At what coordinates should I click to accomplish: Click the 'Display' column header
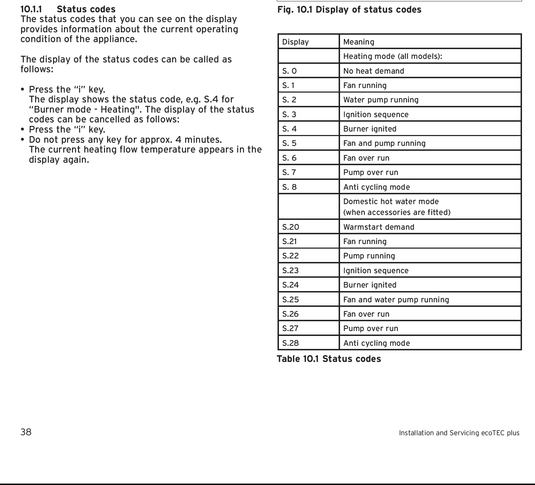pyautogui.click(x=295, y=42)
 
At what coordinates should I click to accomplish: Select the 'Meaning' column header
pyautogui.click(x=359, y=42)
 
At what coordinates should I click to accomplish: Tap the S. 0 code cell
pyautogui.click(x=289, y=71)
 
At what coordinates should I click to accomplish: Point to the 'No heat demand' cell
pyautogui.click(x=373, y=71)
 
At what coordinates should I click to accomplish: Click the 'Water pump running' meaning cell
pyautogui.click(x=381, y=100)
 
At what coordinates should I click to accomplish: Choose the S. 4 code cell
pyautogui.click(x=289, y=129)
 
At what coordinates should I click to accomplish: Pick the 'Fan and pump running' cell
pyautogui.click(x=384, y=143)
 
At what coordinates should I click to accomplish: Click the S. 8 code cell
pyautogui.click(x=289, y=187)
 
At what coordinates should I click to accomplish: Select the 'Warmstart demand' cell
pyautogui.click(x=379, y=227)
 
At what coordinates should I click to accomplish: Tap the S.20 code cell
pyautogui.click(x=291, y=227)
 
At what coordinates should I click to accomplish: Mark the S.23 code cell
pyautogui.click(x=291, y=271)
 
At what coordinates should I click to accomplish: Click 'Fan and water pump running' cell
pyautogui.click(x=396, y=300)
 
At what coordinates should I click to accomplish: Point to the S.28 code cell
pyautogui.click(x=291, y=343)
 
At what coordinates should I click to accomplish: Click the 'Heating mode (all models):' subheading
pyautogui.click(x=392, y=56)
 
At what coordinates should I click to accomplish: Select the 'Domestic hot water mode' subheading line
pyautogui.click(x=391, y=202)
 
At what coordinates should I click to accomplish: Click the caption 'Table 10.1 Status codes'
pyautogui.click(x=329, y=359)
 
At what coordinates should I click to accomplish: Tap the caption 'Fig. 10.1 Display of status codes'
pyautogui.click(x=349, y=10)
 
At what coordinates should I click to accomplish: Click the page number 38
pyautogui.click(x=26, y=432)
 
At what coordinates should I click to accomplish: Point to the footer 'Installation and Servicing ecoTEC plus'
pyautogui.click(x=459, y=433)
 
